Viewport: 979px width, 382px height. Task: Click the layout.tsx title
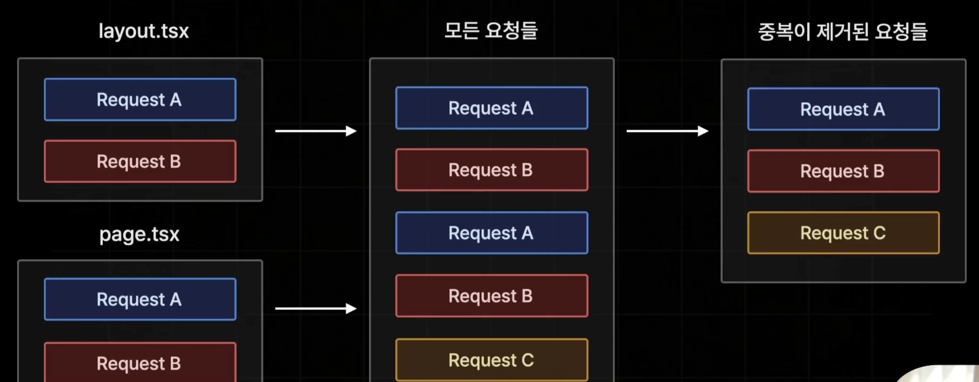coord(144,31)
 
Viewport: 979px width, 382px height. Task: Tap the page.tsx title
coord(139,234)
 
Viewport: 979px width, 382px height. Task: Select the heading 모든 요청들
coord(491,30)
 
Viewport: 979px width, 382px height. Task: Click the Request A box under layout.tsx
coord(140,100)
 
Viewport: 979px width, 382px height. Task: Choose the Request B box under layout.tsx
coord(140,162)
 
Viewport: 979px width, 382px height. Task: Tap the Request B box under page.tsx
coord(140,363)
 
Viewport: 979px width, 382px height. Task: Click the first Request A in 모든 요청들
coord(491,108)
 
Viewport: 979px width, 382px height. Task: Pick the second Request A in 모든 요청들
coord(491,233)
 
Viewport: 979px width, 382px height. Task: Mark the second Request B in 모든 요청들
coord(491,296)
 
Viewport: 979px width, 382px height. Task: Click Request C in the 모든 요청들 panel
coord(491,360)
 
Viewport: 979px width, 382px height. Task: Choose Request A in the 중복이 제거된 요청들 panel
coord(843,109)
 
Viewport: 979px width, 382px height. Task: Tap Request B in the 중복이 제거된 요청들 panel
coord(843,171)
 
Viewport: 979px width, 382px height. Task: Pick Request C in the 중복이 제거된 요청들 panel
coord(843,233)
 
